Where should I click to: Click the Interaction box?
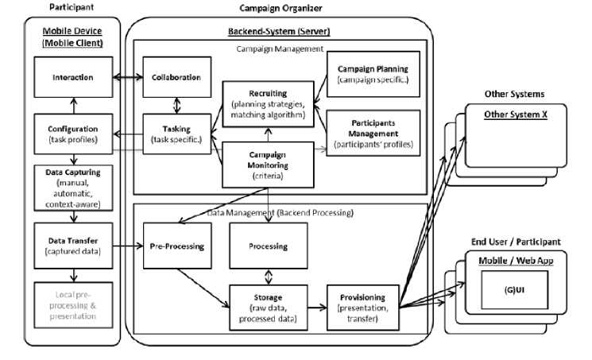[72, 78]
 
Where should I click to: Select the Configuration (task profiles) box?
[72, 134]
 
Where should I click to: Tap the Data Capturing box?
[72, 188]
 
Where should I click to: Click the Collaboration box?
[175, 78]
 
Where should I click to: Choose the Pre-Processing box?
[176, 246]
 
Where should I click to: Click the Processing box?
[268, 246]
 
